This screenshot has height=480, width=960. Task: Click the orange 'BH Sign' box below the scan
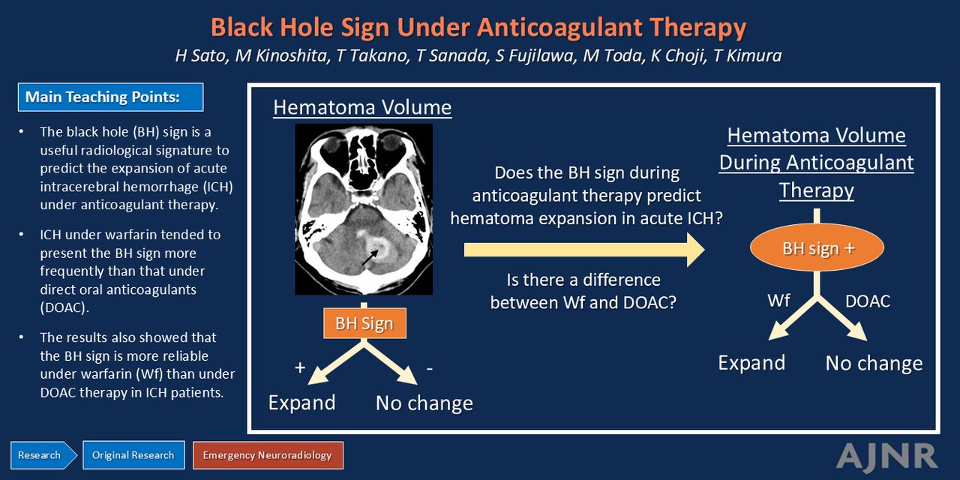tap(364, 323)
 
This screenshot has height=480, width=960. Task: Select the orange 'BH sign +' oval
tap(817, 247)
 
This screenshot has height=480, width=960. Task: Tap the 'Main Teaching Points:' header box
tap(110, 97)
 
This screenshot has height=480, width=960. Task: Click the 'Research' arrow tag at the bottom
tap(43, 455)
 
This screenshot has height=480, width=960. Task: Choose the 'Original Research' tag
tap(133, 455)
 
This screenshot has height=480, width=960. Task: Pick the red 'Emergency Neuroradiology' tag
tap(268, 455)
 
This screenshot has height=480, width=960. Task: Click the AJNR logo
tap(886, 457)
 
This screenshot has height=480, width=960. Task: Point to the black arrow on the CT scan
tap(370, 257)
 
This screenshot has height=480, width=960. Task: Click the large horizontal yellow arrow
tap(584, 250)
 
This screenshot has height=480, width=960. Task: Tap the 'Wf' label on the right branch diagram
tap(778, 301)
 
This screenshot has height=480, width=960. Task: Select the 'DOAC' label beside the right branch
tap(868, 301)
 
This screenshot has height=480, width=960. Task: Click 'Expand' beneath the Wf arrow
tap(751, 363)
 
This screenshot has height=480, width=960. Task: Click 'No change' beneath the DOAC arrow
tap(874, 364)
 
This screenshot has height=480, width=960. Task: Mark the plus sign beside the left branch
tap(300, 367)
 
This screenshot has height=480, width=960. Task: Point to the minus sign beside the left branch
tap(430, 368)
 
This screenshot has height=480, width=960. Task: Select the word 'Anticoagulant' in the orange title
tap(560, 28)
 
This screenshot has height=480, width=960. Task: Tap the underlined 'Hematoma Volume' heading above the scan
tap(362, 107)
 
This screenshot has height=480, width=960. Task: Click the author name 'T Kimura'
tap(748, 55)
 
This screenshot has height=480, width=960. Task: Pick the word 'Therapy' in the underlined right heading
tap(817, 190)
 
